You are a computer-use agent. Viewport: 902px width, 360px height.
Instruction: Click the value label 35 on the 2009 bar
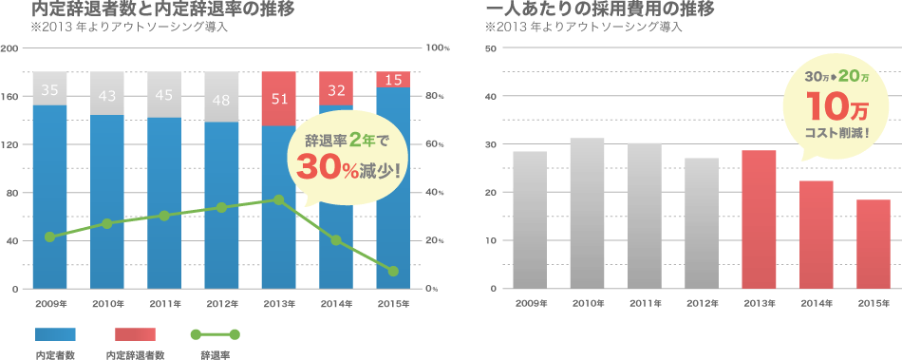pyautogui.click(x=50, y=91)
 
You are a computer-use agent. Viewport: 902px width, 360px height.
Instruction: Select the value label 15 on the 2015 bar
pyautogui.click(x=393, y=80)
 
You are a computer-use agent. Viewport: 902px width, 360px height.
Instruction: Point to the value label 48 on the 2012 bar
pyautogui.click(x=221, y=99)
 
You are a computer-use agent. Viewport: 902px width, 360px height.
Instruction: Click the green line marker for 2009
pyautogui.click(x=49, y=237)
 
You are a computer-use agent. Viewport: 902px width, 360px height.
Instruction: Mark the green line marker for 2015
pyautogui.click(x=393, y=272)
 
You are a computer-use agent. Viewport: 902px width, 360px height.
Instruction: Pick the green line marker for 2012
pyautogui.click(x=221, y=207)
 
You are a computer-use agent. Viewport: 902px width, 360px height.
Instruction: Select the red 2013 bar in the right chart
pyautogui.click(x=758, y=219)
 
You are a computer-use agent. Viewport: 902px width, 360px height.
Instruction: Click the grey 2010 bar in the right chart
pyautogui.click(x=587, y=214)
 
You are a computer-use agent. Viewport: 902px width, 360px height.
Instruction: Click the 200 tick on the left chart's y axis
pyautogui.click(x=11, y=47)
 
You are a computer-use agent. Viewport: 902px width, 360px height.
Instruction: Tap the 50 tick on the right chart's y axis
pyautogui.click(x=491, y=47)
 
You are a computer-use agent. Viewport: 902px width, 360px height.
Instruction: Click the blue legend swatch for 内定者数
pyautogui.click(x=54, y=334)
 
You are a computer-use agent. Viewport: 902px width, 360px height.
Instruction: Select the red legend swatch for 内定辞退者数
pyautogui.click(x=134, y=334)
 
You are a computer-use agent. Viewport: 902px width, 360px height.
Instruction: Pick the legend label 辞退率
pyautogui.click(x=216, y=354)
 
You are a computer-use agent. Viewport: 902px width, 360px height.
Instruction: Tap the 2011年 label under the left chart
pyautogui.click(x=164, y=304)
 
